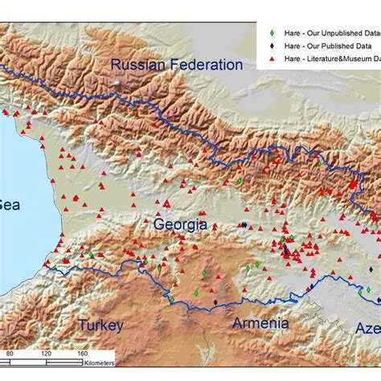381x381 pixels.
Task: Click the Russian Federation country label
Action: pyautogui.click(x=176, y=64)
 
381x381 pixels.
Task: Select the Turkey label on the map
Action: pyautogui.click(x=100, y=325)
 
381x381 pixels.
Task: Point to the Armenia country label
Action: pyautogui.click(x=260, y=323)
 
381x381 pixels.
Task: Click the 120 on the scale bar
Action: pyautogui.click(x=46, y=353)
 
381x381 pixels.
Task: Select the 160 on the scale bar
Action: pyautogui.click(x=82, y=353)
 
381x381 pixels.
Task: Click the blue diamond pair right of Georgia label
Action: pyautogui.click(x=244, y=225)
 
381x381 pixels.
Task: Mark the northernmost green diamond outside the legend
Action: pyautogui.click(x=319, y=163)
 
